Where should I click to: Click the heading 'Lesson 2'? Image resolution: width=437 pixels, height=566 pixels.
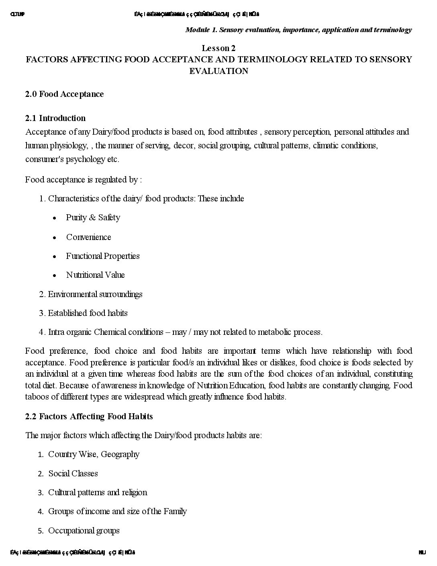pyautogui.click(x=218, y=48)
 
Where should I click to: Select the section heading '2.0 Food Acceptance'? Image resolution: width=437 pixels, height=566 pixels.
pyautogui.click(x=64, y=94)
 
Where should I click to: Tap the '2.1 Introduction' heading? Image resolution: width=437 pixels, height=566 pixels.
pyautogui.click(x=55, y=118)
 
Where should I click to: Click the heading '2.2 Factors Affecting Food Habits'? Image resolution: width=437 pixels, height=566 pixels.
pyautogui.click(x=89, y=416)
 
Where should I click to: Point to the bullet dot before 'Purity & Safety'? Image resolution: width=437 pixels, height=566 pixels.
pyautogui.click(x=54, y=218)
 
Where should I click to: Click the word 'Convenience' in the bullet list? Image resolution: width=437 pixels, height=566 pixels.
pyautogui.click(x=88, y=237)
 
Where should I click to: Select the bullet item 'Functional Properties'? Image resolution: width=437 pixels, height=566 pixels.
pyautogui.click(x=103, y=256)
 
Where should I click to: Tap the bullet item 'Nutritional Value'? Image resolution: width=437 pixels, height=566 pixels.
pyautogui.click(x=95, y=275)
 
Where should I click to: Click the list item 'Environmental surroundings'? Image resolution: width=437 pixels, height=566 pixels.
pyautogui.click(x=95, y=294)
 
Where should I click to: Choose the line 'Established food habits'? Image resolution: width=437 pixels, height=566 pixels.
pyautogui.click(x=88, y=313)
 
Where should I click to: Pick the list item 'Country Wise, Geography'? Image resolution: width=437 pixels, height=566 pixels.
pyautogui.click(x=94, y=454)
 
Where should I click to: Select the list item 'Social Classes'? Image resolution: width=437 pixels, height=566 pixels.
pyautogui.click(x=73, y=474)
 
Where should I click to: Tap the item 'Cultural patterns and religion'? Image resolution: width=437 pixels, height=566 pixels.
pyautogui.click(x=98, y=492)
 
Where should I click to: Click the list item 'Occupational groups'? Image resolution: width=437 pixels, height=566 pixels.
pyautogui.click(x=84, y=531)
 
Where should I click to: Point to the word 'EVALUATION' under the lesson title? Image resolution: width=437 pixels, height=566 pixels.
pyautogui.click(x=218, y=71)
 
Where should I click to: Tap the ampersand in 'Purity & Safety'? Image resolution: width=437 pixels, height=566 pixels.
pyautogui.click(x=92, y=217)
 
